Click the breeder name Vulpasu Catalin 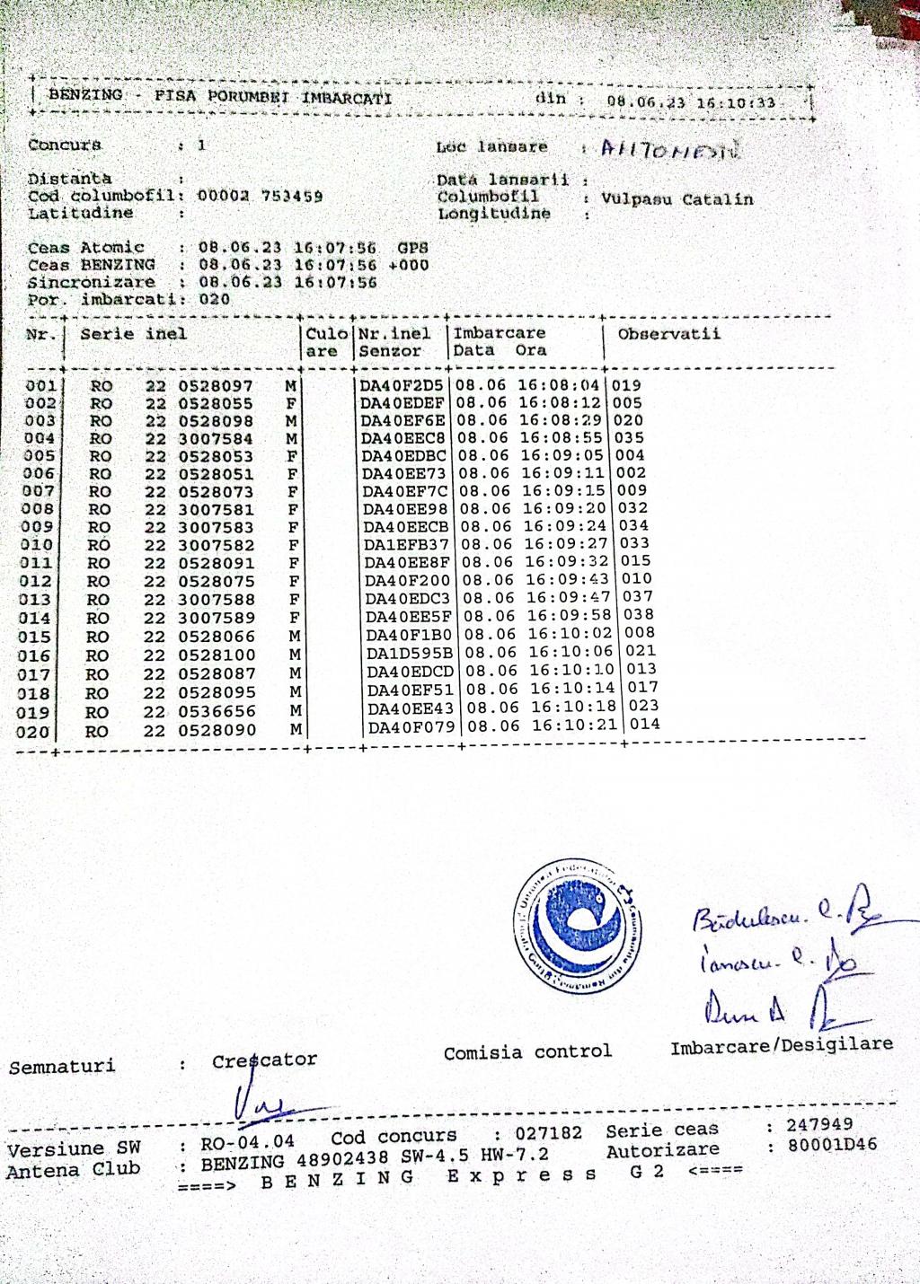677,199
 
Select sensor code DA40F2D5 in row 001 402,386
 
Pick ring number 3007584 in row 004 216,439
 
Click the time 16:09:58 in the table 569,616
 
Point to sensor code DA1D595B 411,653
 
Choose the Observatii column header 668,334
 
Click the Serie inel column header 134,334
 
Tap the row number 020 33,732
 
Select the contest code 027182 548,1133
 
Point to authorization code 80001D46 832,1145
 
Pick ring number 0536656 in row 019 216,711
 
